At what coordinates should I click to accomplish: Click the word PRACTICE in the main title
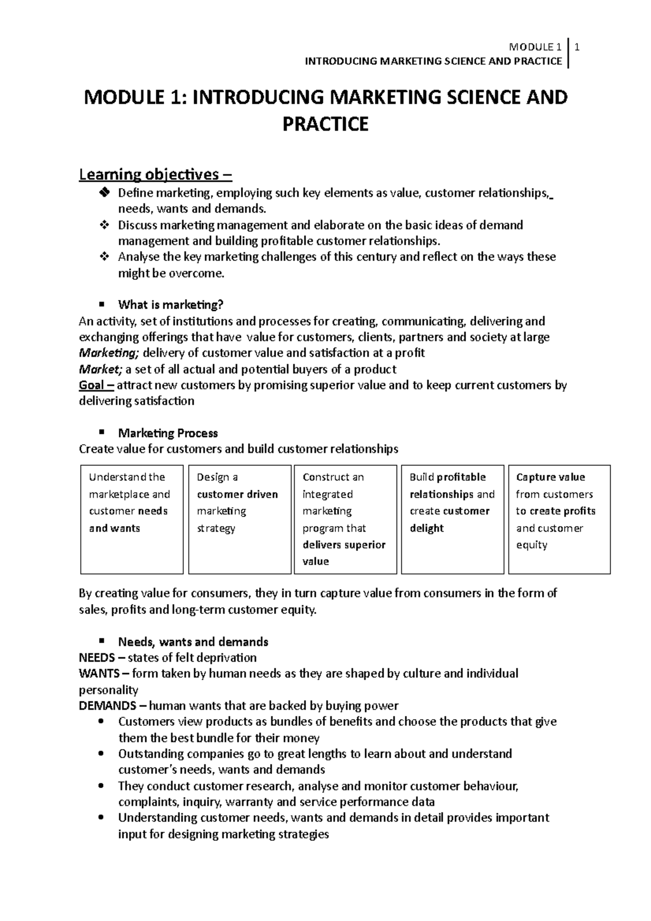click(325, 124)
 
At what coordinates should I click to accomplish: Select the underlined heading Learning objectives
click(155, 175)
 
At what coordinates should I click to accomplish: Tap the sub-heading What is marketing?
click(170, 305)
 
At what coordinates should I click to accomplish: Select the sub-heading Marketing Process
click(168, 433)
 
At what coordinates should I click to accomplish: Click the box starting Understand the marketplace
click(132, 519)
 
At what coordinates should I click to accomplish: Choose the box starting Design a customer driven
click(240, 519)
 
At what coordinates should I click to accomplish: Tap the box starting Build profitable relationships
click(452, 519)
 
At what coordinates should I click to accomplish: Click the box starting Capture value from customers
click(559, 519)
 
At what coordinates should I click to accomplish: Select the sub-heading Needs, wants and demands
click(193, 642)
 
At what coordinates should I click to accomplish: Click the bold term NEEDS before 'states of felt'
click(97, 658)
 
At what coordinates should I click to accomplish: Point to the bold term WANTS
click(98, 674)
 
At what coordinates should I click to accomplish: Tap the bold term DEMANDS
click(107, 706)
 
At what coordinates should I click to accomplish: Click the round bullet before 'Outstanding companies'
click(101, 754)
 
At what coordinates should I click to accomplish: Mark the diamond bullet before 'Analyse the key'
click(105, 257)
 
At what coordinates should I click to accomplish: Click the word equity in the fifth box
click(531, 545)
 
